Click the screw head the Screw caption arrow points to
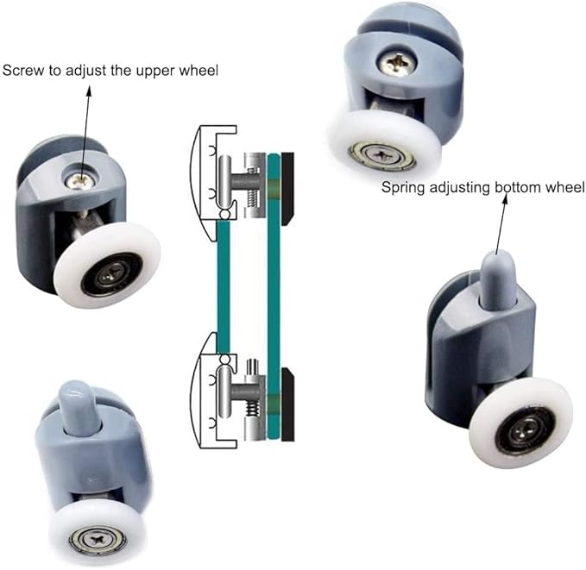[x=80, y=179]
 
